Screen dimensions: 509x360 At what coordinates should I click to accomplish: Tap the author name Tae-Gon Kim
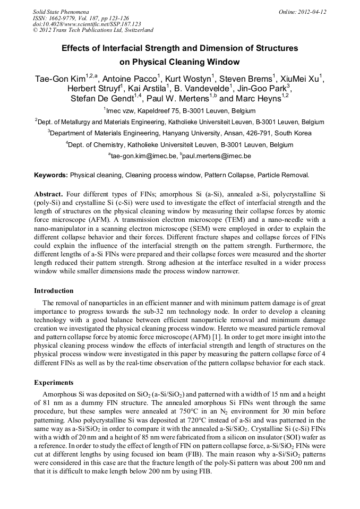(x=58, y=79)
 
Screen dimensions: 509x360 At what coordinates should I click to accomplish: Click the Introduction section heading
(x=54, y=291)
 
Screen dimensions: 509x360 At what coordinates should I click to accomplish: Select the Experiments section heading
(x=53, y=382)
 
